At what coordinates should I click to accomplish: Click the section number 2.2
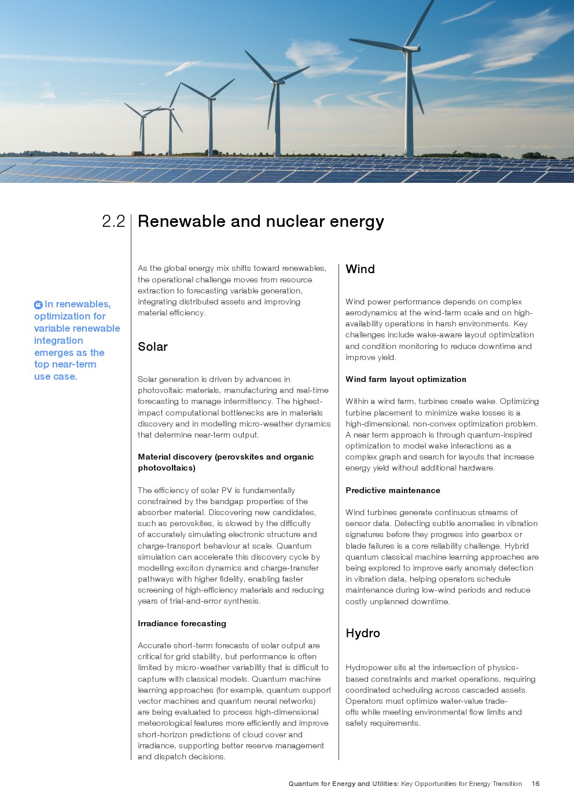point(113,221)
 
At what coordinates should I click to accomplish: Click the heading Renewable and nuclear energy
point(260,221)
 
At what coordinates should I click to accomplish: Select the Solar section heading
point(153,347)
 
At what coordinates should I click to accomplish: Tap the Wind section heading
point(360,269)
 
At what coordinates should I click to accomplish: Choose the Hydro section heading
point(363,633)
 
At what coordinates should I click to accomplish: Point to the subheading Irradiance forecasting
point(182,623)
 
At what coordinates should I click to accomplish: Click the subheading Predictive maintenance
point(393,490)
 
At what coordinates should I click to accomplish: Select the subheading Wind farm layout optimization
point(406,379)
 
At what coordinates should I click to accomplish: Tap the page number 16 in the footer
point(536,784)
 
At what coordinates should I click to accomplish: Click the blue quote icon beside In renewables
point(38,304)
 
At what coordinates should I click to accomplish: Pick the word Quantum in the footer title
point(304,784)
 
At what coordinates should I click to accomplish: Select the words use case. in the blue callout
point(56,376)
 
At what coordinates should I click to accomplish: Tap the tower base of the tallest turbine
point(409,154)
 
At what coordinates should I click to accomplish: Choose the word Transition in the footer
point(507,784)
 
